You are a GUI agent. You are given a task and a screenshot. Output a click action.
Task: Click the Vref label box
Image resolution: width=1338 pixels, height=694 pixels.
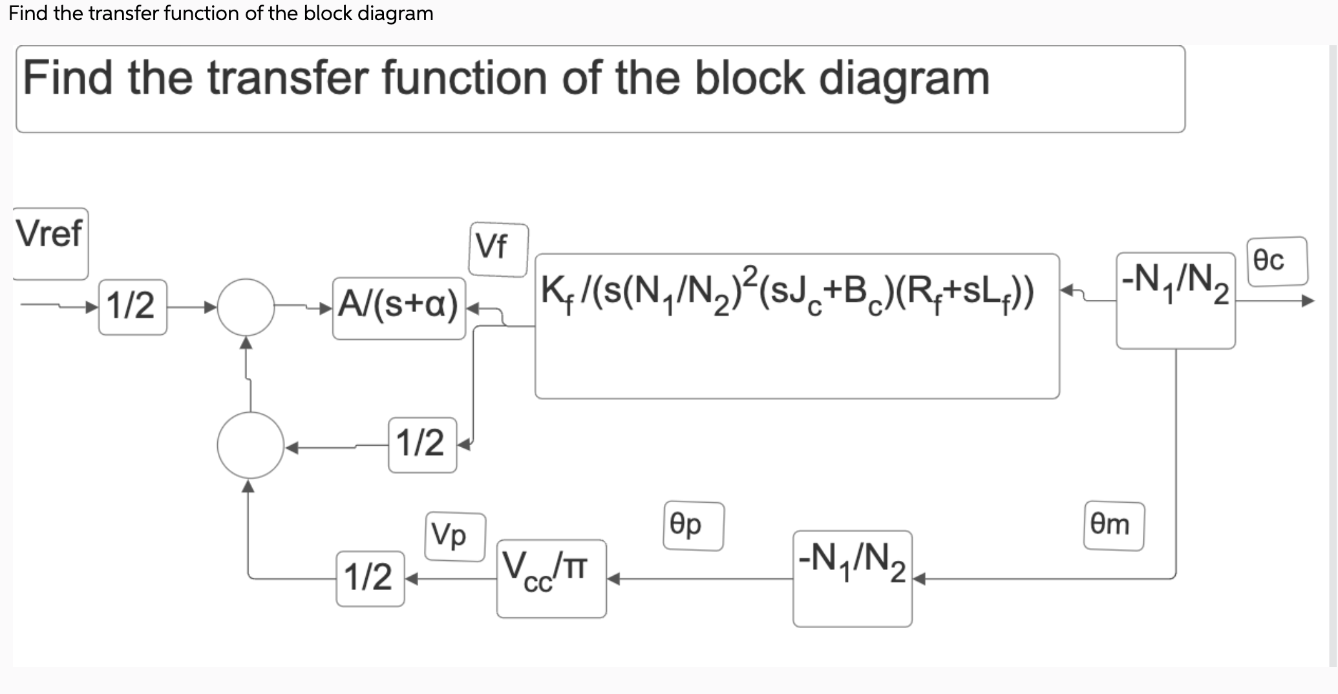[50, 243]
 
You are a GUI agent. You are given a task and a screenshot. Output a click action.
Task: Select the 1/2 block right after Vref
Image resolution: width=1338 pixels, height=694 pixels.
[133, 307]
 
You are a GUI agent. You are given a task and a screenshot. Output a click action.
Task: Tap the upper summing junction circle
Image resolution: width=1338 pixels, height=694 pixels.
[246, 308]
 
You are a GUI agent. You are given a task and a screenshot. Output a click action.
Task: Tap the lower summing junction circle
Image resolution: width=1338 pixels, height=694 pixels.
[250, 445]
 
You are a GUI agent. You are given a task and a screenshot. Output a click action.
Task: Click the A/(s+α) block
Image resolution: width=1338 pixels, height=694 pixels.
[398, 308]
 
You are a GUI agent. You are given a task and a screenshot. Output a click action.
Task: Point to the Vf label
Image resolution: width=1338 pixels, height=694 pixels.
[498, 249]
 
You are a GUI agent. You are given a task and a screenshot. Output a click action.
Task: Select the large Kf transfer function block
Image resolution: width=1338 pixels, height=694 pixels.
[796, 326]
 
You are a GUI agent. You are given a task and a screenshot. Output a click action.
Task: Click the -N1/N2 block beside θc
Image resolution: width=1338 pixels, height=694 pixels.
[1175, 300]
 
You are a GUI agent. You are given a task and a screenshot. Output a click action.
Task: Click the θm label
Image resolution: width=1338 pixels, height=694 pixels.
[1113, 526]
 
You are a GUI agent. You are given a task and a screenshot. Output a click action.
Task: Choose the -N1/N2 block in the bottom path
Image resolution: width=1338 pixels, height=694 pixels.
[852, 578]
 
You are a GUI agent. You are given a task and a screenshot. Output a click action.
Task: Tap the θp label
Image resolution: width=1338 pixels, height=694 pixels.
[693, 526]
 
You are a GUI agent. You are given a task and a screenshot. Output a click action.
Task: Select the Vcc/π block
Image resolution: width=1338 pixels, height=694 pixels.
[551, 578]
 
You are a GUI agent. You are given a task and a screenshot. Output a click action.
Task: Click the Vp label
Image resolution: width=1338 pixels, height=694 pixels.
[454, 536]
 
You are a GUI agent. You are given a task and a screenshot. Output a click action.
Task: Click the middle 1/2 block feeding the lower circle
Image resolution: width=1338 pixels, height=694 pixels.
[422, 445]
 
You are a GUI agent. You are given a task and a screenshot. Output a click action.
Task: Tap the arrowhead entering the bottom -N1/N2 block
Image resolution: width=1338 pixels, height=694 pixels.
[919, 580]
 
